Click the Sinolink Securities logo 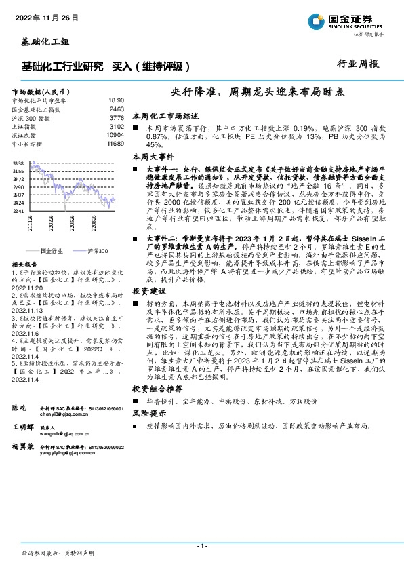click(x=352, y=20)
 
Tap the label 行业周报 click(x=357, y=64)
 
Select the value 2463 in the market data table click(x=117, y=109)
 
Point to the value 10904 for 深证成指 click(x=115, y=135)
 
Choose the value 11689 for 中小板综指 click(x=115, y=144)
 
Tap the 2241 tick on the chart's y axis click(x=18, y=211)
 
